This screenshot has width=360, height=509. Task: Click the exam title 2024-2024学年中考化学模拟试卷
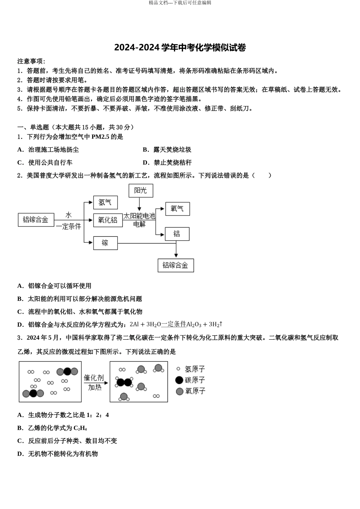click(180, 48)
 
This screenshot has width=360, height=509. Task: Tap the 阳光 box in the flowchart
click(141, 190)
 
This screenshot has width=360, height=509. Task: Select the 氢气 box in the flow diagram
click(105, 202)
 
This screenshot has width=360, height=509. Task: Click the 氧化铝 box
click(108, 220)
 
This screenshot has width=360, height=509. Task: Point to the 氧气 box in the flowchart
click(177, 209)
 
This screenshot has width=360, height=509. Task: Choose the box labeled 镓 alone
click(105, 243)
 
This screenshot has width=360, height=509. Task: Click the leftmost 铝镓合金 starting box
click(36, 220)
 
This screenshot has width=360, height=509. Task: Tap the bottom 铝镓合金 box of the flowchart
click(175, 265)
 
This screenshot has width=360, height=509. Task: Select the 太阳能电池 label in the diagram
click(139, 216)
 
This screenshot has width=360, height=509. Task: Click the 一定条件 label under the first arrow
click(69, 227)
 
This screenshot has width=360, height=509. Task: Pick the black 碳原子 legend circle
click(179, 380)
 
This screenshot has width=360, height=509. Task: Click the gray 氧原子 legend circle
click(180, 391)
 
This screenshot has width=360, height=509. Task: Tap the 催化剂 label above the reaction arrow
click(94, 378)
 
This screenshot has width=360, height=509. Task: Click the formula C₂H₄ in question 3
click(80, 428)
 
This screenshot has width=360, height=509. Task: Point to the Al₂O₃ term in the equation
click(194, 324)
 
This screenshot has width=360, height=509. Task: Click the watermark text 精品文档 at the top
click(159, 3)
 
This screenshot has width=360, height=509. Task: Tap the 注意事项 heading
click(31, 61)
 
